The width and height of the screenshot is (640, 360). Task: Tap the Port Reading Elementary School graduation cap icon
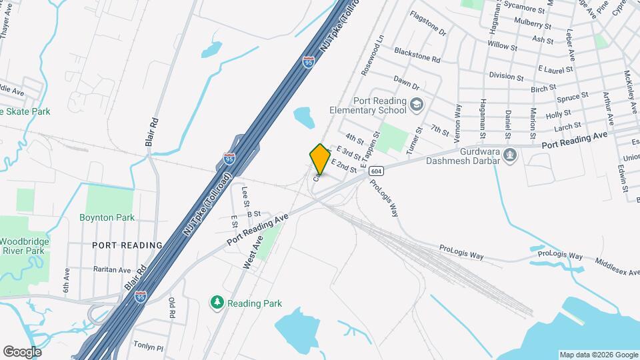[416, 104]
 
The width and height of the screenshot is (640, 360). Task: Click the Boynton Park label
[107, 217]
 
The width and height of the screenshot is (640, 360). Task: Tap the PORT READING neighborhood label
[127, 245]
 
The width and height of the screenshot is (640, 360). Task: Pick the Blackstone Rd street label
[417, 54]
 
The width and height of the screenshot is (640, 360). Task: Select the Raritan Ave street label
[111, 270]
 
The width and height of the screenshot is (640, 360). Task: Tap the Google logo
[22, 351]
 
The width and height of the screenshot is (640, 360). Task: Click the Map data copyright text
[597, 355]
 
